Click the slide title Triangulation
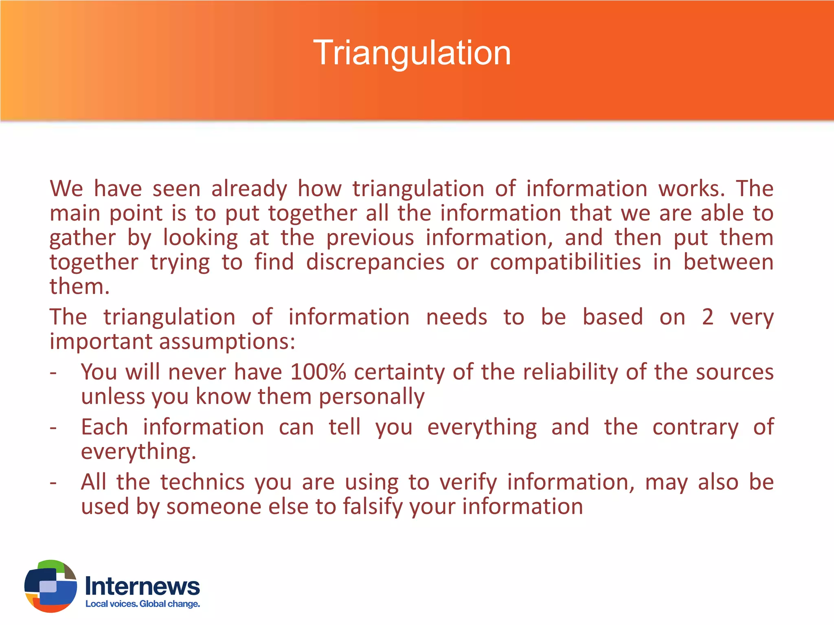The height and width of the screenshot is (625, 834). click(412, 53)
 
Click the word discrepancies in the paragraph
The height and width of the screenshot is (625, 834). click(375, 262)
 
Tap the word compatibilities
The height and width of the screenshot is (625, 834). click(565, 262)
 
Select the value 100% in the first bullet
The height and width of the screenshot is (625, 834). click(318, 372)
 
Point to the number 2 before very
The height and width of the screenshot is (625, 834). click(708, 317)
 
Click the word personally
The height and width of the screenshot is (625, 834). click(371, 396)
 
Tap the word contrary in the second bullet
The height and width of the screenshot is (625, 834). click(695, 427)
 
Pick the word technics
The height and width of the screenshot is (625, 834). click(202, 482)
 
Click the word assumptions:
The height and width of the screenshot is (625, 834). click(227, 341)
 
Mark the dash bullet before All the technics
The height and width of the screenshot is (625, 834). click(53, 483)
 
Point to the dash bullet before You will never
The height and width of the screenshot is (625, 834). click(53, 373)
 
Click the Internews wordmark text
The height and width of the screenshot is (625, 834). click(142, 586)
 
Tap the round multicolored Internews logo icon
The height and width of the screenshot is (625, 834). click(50, 586)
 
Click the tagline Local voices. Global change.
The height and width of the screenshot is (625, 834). click(143, 604)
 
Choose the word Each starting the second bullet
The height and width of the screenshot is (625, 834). click(104, 427)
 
